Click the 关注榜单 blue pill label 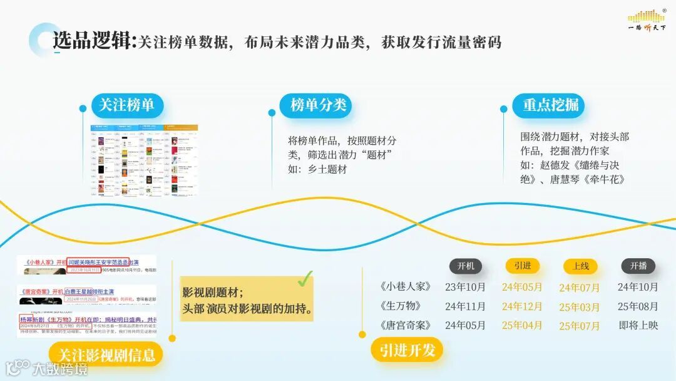tap(127, 106)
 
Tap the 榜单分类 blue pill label tap(318, 106)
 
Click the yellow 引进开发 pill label tap(407, 350)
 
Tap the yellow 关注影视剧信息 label tap(106, 355)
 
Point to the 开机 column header tap(466, 266)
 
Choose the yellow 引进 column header tap(522, 266)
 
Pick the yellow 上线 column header tap(580, 266)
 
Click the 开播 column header tap(638, 266)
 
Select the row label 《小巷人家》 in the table tap(406, 287)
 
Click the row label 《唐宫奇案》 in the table tap(406, 326)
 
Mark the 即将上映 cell tap(638, 326)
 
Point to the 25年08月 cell tap(638, 306)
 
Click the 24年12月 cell tap(522, 306)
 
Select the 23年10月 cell tap(465, 287)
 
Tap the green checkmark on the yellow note tap(305, 279)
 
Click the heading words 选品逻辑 tap(93, 41)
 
